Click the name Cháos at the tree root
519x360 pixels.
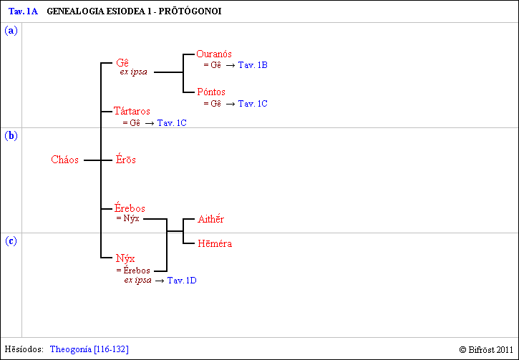64,160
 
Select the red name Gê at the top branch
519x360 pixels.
122,63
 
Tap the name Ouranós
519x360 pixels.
214,54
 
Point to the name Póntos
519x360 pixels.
211,92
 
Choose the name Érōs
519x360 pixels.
126,160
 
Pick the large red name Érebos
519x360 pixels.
130,208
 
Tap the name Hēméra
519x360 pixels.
215,243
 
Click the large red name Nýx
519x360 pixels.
126,258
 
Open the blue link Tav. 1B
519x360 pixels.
253,65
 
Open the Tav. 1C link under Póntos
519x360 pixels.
253,104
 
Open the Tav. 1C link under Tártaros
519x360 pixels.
172,123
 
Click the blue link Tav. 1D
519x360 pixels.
182,281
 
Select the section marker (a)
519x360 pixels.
11,31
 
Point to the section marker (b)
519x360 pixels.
11,135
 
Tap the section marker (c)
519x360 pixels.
11,241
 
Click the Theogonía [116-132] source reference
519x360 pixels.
89,349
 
